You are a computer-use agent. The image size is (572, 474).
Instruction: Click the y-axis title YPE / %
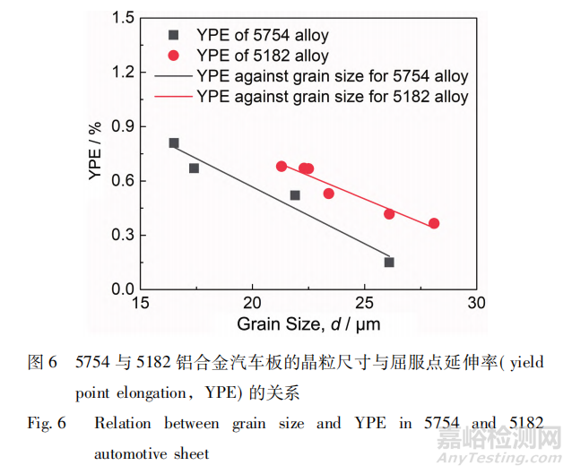(x=96, y=153)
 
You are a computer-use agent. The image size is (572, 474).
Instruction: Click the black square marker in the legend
(x=174, y=36)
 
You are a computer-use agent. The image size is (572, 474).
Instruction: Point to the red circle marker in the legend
(x=174, y=56)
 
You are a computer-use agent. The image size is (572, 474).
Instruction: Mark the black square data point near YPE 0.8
(x=174, y=143)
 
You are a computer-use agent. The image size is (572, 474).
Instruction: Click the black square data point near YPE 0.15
(x=389, y=263)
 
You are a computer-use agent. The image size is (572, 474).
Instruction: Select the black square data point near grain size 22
(x=295, y=195)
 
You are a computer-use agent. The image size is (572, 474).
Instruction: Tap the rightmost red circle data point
(x=434, y=223)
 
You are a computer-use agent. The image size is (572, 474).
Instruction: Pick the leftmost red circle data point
(x=282, y=167)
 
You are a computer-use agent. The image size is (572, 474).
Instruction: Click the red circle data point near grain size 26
(x=389, y=214)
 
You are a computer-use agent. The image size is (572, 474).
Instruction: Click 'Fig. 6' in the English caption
(x=47, y=422)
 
